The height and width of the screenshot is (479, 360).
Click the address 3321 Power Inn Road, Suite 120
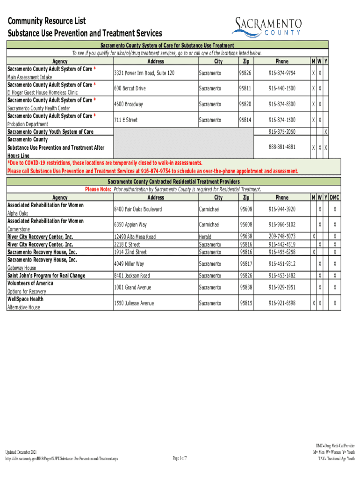(144, 73)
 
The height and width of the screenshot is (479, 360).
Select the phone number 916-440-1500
(281, 88)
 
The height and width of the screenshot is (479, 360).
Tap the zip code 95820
(245, 104)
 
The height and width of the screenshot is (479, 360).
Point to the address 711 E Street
(126, 120)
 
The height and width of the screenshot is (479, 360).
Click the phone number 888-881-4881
(281, 147)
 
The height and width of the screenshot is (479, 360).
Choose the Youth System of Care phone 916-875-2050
(281, 132)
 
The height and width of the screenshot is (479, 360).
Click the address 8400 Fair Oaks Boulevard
(138, 209)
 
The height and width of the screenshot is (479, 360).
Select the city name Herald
(205, 237)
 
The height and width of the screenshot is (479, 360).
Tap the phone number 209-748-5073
(281, 237)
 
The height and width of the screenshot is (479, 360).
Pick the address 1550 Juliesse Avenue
(134, 303)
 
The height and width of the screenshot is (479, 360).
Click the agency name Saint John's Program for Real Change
(46, 276)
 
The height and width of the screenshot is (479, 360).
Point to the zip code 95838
(245, 287)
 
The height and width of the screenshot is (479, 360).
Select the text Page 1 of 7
(180, 458)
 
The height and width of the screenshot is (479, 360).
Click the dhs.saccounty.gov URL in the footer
(61, 459)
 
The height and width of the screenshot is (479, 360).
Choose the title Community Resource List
(46, 22)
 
